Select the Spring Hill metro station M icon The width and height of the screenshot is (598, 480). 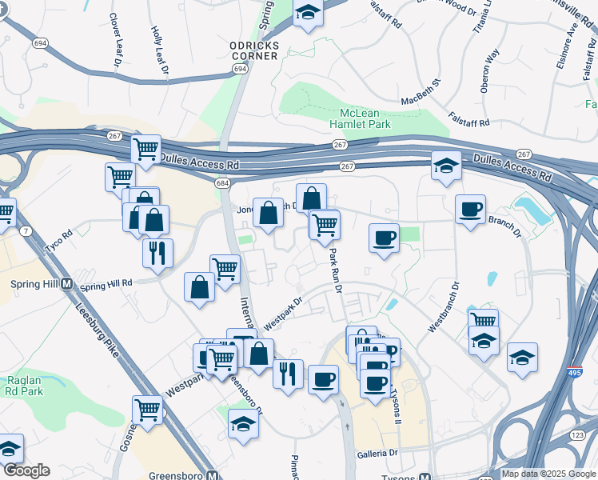coord(67,284)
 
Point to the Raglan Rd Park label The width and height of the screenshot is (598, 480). coord(25,386)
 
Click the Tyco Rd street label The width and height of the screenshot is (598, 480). coord(58,242)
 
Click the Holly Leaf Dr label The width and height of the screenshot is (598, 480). coord(160,50)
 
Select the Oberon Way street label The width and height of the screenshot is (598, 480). coord(489,71)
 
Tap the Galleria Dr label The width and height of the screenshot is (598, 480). coord(382,454)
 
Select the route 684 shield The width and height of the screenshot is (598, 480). coord(222,183)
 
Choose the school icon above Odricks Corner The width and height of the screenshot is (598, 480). coord(308,14)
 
